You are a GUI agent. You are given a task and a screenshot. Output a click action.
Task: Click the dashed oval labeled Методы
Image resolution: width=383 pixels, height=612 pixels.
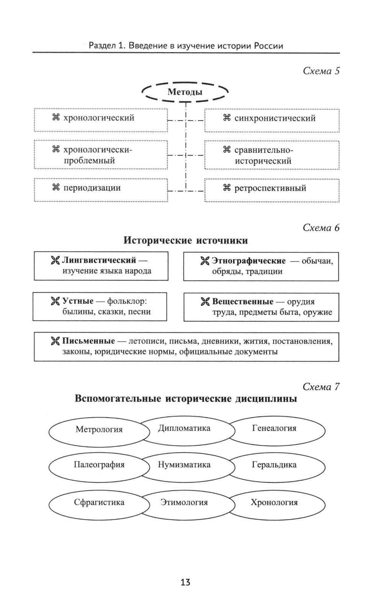[x=185, y=92]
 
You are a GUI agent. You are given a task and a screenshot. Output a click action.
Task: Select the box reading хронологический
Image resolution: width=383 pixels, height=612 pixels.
[x=101, y=120]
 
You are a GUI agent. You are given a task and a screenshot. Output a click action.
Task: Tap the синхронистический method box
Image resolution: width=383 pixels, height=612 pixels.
[x=272, y=120]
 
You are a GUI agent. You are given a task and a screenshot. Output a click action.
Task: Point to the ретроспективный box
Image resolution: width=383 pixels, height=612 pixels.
[x=272, y=190]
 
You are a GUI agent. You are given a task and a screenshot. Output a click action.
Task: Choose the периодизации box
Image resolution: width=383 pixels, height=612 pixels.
[x=101, y=190]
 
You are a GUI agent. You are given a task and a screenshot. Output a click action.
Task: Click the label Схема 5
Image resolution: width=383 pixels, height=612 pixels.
[x=321, y=71]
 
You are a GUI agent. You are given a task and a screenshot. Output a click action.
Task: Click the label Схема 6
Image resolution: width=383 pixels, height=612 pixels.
[x=321, y=228]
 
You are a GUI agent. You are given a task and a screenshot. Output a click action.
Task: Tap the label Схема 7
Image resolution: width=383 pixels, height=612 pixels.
[x=321, y=387]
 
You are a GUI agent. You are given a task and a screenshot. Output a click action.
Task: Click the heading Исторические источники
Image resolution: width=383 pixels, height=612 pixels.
[x=185, y=241]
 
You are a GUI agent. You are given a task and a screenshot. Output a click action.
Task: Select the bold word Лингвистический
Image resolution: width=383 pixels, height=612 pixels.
[x=99, y=260]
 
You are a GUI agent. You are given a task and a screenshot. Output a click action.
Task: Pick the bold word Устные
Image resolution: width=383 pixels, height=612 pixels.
[x=78, y=301]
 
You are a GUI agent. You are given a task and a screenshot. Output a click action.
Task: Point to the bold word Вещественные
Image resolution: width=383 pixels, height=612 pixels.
[x=242, y=301]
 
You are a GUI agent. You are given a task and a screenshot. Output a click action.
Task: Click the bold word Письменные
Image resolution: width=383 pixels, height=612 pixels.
[x=88, y=341]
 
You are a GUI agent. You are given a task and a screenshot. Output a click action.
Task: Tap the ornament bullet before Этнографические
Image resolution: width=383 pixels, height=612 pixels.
[x=205, y=261]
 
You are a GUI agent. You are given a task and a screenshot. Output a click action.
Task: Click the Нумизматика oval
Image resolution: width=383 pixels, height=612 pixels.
[x=184, y=465]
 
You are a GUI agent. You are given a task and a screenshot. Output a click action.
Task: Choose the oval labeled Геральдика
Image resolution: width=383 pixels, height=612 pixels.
[x=274, y=465]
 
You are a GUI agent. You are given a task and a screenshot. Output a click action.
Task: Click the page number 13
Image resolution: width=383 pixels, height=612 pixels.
[x=185, y=583]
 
